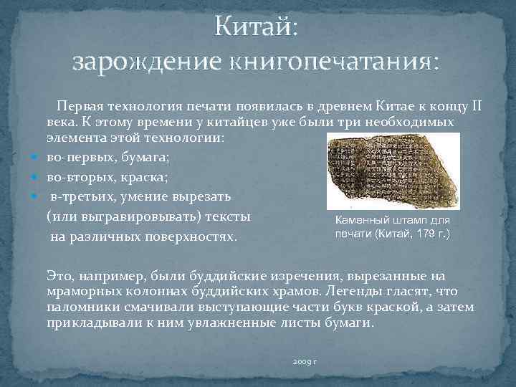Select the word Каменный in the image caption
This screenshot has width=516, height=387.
click(363, 221)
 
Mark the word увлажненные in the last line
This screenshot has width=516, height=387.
click(230, 322)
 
